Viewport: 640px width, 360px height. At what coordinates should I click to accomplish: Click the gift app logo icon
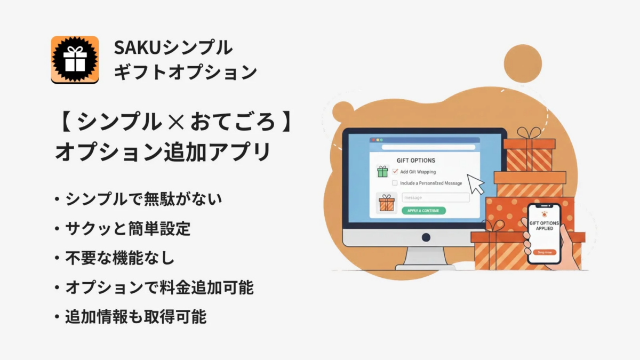[75, 59]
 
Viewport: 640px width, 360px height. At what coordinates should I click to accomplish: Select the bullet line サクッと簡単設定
[127, 229]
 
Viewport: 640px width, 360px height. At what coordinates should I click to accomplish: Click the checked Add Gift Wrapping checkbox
[395, 171]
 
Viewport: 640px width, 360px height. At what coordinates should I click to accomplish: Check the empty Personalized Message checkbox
[395, 183]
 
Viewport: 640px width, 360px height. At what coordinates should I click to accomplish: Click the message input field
[435, 197]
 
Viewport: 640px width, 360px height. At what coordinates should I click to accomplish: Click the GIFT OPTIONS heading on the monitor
[416, 160]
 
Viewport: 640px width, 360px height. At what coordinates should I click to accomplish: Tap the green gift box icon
[382, 171]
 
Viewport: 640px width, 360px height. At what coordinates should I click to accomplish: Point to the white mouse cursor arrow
[475, 184]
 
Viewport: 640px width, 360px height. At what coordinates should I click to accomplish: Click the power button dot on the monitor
[426, 237]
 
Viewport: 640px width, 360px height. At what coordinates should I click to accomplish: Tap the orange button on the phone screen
[544, 252]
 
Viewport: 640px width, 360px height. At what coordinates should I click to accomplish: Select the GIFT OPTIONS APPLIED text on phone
[544, 225]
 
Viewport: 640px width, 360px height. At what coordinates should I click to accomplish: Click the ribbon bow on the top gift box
[529, 133]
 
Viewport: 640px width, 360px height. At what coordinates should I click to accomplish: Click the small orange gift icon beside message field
[386, 203]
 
